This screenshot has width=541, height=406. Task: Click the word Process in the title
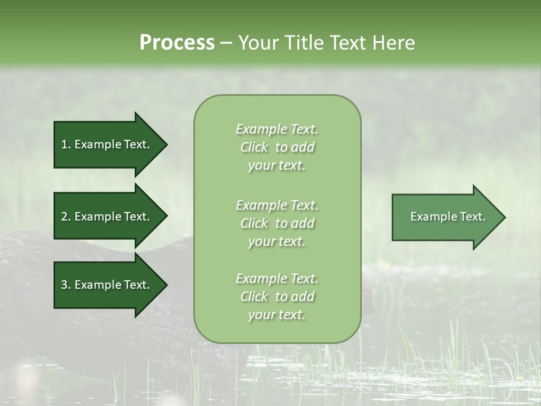177,43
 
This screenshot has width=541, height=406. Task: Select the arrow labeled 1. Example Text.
107,144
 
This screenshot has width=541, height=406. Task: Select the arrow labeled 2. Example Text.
107,217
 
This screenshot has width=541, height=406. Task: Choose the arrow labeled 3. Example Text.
107,285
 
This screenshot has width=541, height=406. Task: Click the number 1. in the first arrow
65,144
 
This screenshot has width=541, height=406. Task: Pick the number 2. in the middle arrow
65,217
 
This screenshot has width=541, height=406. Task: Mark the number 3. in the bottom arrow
65,285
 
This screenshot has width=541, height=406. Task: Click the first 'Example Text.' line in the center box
277,129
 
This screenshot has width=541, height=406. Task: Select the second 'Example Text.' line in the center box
277,205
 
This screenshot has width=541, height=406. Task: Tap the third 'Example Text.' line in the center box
277,279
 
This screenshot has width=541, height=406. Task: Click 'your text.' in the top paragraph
277,166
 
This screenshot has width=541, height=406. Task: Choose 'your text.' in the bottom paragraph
277,315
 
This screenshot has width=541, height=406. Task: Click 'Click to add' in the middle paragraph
277,223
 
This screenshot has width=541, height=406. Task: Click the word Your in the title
259,43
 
